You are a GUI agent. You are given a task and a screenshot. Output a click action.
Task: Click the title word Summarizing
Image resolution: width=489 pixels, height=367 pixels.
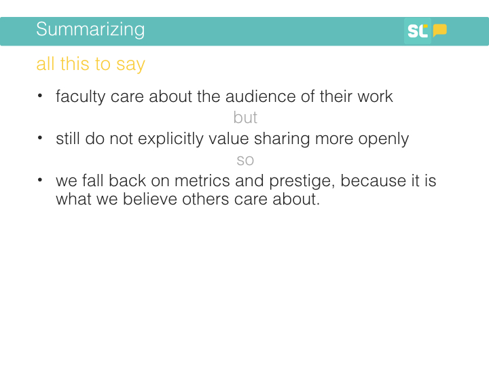(90, 30)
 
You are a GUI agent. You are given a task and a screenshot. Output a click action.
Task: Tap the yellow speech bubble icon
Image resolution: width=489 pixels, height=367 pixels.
(439, 31)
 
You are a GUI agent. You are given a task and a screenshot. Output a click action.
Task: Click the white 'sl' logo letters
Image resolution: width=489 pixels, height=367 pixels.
(418, 31)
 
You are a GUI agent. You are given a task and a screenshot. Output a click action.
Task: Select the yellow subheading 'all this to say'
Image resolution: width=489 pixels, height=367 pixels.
(91, 65)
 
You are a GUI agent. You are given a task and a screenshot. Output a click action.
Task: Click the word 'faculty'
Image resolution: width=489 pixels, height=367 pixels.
(80, 97)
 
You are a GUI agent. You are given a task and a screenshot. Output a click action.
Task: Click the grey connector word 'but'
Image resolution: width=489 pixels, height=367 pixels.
(245, 118)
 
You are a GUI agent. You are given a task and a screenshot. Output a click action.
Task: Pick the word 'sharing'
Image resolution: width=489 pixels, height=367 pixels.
(282, 139)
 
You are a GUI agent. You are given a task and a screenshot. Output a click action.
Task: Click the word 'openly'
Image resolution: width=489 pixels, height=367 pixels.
(383, 139)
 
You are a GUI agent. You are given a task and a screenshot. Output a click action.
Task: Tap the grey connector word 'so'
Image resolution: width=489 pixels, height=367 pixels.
(245, 160)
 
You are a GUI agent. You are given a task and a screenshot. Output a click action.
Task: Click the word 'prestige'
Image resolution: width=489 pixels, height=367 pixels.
(302, 181)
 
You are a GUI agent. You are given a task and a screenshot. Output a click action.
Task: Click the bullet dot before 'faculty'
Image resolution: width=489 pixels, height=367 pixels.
(40, 96)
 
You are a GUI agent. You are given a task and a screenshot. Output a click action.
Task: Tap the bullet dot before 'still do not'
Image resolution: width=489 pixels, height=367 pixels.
(40, 137)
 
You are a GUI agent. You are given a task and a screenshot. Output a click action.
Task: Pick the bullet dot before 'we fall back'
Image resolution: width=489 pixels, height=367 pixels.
(40, 179)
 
